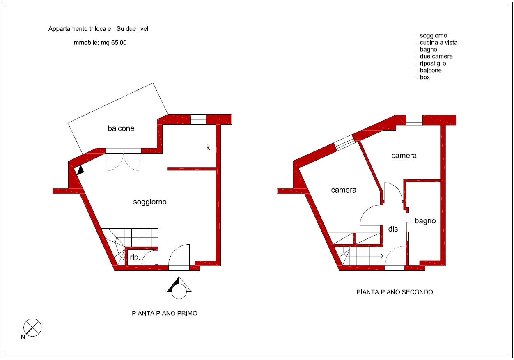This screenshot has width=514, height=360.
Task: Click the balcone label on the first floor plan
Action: click(x=121, y=128)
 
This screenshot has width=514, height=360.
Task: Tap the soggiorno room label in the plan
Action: click(x=150, y=202)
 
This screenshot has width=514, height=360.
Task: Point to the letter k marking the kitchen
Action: click(x=208, y=147)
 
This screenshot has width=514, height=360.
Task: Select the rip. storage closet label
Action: click(x=135, y=257)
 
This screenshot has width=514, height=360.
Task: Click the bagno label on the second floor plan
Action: click(x=425, y=221)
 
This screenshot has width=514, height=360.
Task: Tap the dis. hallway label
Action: click(x=394, y=229)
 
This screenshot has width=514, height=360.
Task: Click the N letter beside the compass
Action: click(x=23, y=337)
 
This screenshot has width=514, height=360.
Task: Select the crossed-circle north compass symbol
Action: click(x=32, y=328)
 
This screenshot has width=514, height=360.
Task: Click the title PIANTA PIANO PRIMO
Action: click(x=165, y=314)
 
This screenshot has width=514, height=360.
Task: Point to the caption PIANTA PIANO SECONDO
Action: click(x=395, y=292)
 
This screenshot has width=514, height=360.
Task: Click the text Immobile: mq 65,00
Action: click(x=99, y=43)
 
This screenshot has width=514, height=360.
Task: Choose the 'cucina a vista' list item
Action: click(x=437, y=43)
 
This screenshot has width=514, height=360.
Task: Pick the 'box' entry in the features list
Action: click(x=423, y=77)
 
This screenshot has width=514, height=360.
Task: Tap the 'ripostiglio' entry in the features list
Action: click(x=431, y=64)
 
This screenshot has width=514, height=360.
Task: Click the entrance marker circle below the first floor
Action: click(x=179, y=291)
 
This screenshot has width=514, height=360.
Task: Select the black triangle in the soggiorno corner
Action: click(x=80, y=170)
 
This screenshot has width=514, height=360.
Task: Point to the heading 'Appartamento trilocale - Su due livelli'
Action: click(x=99, y=29)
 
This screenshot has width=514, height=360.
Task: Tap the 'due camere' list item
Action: click(x=434, y=57)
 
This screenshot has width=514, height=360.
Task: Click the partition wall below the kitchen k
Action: click(x=191, y=169)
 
